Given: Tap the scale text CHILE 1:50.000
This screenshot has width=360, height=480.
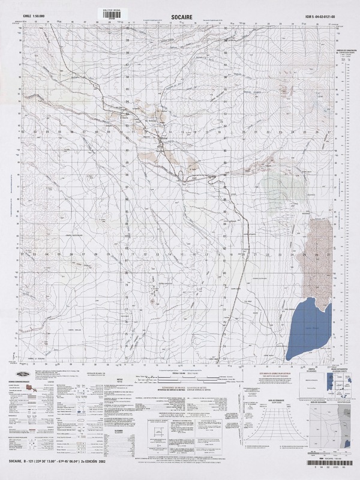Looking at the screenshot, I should [34, 10].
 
